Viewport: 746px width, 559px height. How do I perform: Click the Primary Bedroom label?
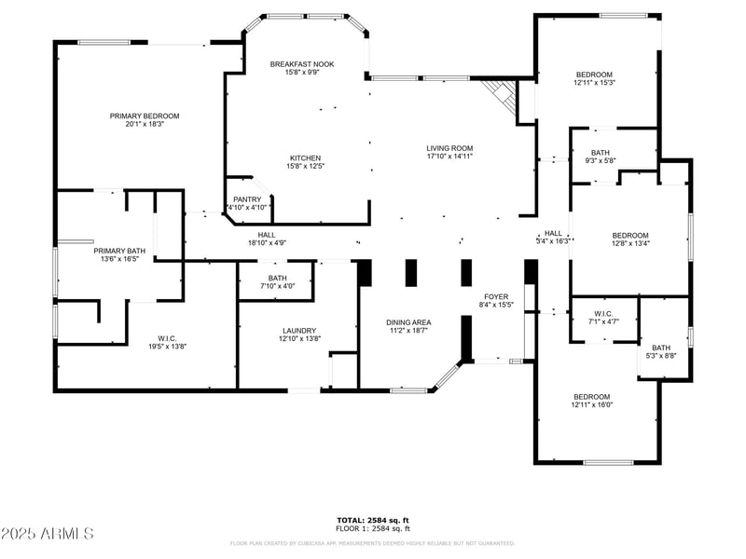(145, 116)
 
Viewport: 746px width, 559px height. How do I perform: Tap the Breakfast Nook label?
(302, 64)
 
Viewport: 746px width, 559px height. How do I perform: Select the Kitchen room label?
(305, 158)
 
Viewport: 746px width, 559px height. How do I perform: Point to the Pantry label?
(247, 199)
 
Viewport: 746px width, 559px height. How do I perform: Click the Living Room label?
(449, 148)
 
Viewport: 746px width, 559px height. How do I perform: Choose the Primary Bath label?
(119, 252)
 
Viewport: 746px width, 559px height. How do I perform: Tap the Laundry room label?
(299, 331)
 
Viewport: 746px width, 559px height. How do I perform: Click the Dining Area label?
(408, 322)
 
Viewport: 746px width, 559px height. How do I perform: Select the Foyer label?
(496, 296)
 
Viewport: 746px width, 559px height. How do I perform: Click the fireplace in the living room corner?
(501, 95)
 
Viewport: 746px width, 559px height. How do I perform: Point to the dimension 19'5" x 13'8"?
(148, 347)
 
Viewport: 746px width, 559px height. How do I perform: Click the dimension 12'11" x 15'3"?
(594, 83)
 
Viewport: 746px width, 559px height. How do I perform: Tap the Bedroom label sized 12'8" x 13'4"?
(629, 236)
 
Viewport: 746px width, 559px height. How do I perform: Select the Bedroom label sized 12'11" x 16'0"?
(591, 396)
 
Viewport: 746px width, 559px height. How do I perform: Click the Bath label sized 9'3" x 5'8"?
(601, 153)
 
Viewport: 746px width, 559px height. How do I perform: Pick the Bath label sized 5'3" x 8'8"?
(661, 348)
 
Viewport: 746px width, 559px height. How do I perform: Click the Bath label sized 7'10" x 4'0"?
(277, 278)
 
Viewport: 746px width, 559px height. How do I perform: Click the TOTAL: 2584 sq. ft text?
(373, 520)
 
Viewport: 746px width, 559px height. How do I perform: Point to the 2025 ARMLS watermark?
(48, 533)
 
